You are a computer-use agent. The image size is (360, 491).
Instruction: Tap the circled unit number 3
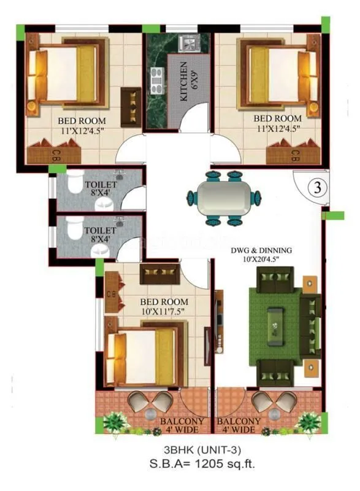pyautogui.click(x=318, y=188)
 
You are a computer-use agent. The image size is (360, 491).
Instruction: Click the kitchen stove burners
pyautogui.click(x=156, y=79)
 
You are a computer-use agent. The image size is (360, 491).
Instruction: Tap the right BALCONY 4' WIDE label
pyautogui.click(x=239, y=426)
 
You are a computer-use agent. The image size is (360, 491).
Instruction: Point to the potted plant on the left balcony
pyautogui.click(x=114, y=422)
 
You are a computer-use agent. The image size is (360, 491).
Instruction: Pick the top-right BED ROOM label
pyautogui.click(x=277, y=117)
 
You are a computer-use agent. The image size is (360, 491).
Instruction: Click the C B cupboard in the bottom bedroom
pyautogui.click(x=112, y=293)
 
